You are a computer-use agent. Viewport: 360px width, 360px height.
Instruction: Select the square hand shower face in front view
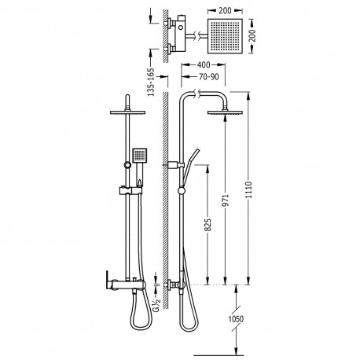click(x=138, y=155)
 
